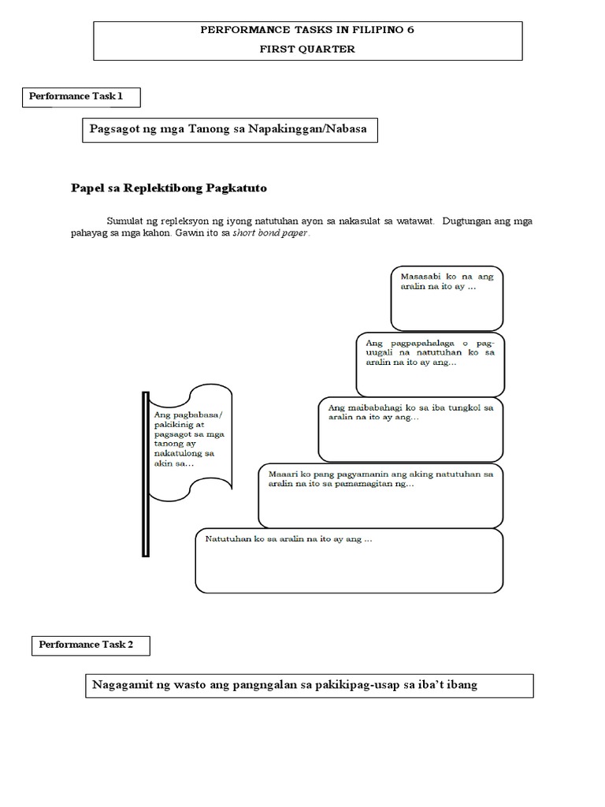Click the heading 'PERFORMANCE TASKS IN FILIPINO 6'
[308, 30]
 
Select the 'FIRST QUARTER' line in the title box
[308, 49]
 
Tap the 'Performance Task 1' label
[76, 96]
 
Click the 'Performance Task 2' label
[87, 644]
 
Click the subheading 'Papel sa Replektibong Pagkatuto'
[169, 188]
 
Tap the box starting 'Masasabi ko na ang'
[447, 298]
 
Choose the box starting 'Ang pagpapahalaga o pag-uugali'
[429, 363]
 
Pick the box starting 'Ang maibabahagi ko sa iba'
[410, 429]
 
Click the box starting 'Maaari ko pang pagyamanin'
[380, 495]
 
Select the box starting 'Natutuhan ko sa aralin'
[349, 560]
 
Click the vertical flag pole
[145, 474]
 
